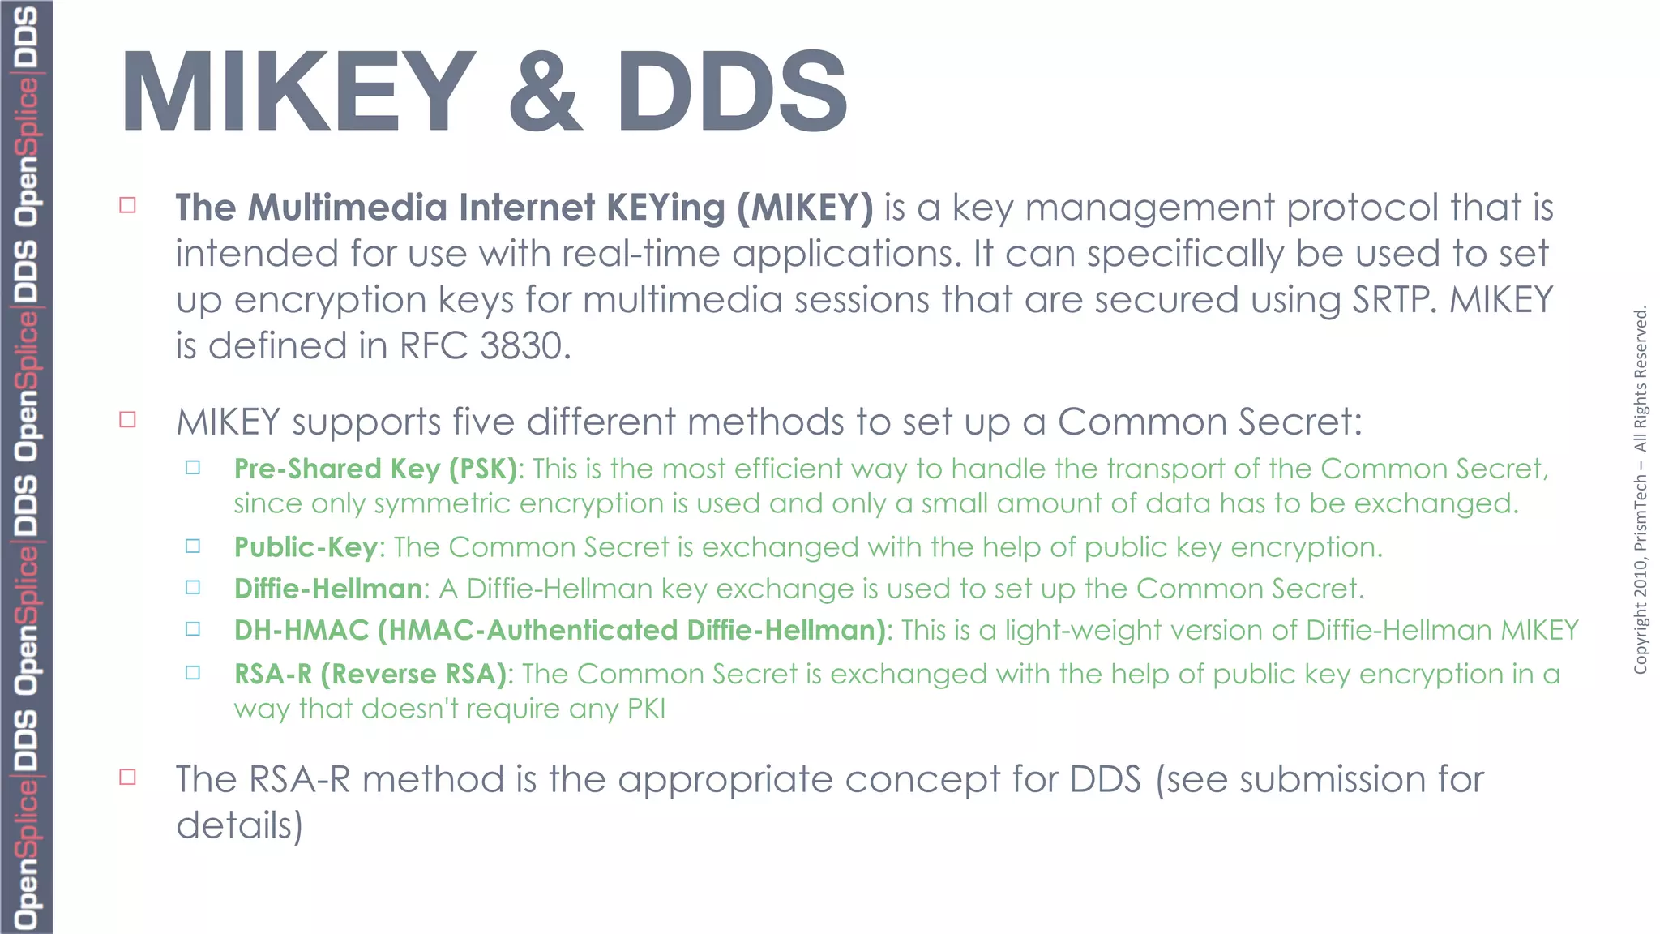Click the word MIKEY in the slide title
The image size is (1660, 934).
pyautogui.click(x=298, y=91)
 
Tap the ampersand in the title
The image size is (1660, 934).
pyautogui.click(x=545, y=91)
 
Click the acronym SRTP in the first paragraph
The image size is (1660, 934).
pyautogui.click(x=1393, y=300)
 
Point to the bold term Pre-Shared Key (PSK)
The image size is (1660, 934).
pyautogui.click(x=375, y=469)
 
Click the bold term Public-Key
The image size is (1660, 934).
pyautogui.click(x=306, y=547)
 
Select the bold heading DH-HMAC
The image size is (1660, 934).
pyautogui.click(x=302, y=631)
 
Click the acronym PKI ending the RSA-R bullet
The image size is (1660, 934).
pyautogui.click(x=646, y=709)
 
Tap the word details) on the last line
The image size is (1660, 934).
pyautogui.click(x=239, y=825)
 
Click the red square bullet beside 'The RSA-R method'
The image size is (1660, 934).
pyautogui.click(x=127, y=777)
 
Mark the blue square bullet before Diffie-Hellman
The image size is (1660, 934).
pyautogui.click(x=193, y=587)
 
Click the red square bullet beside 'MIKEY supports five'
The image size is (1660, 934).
pyautogui.click(x=127, y=419)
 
